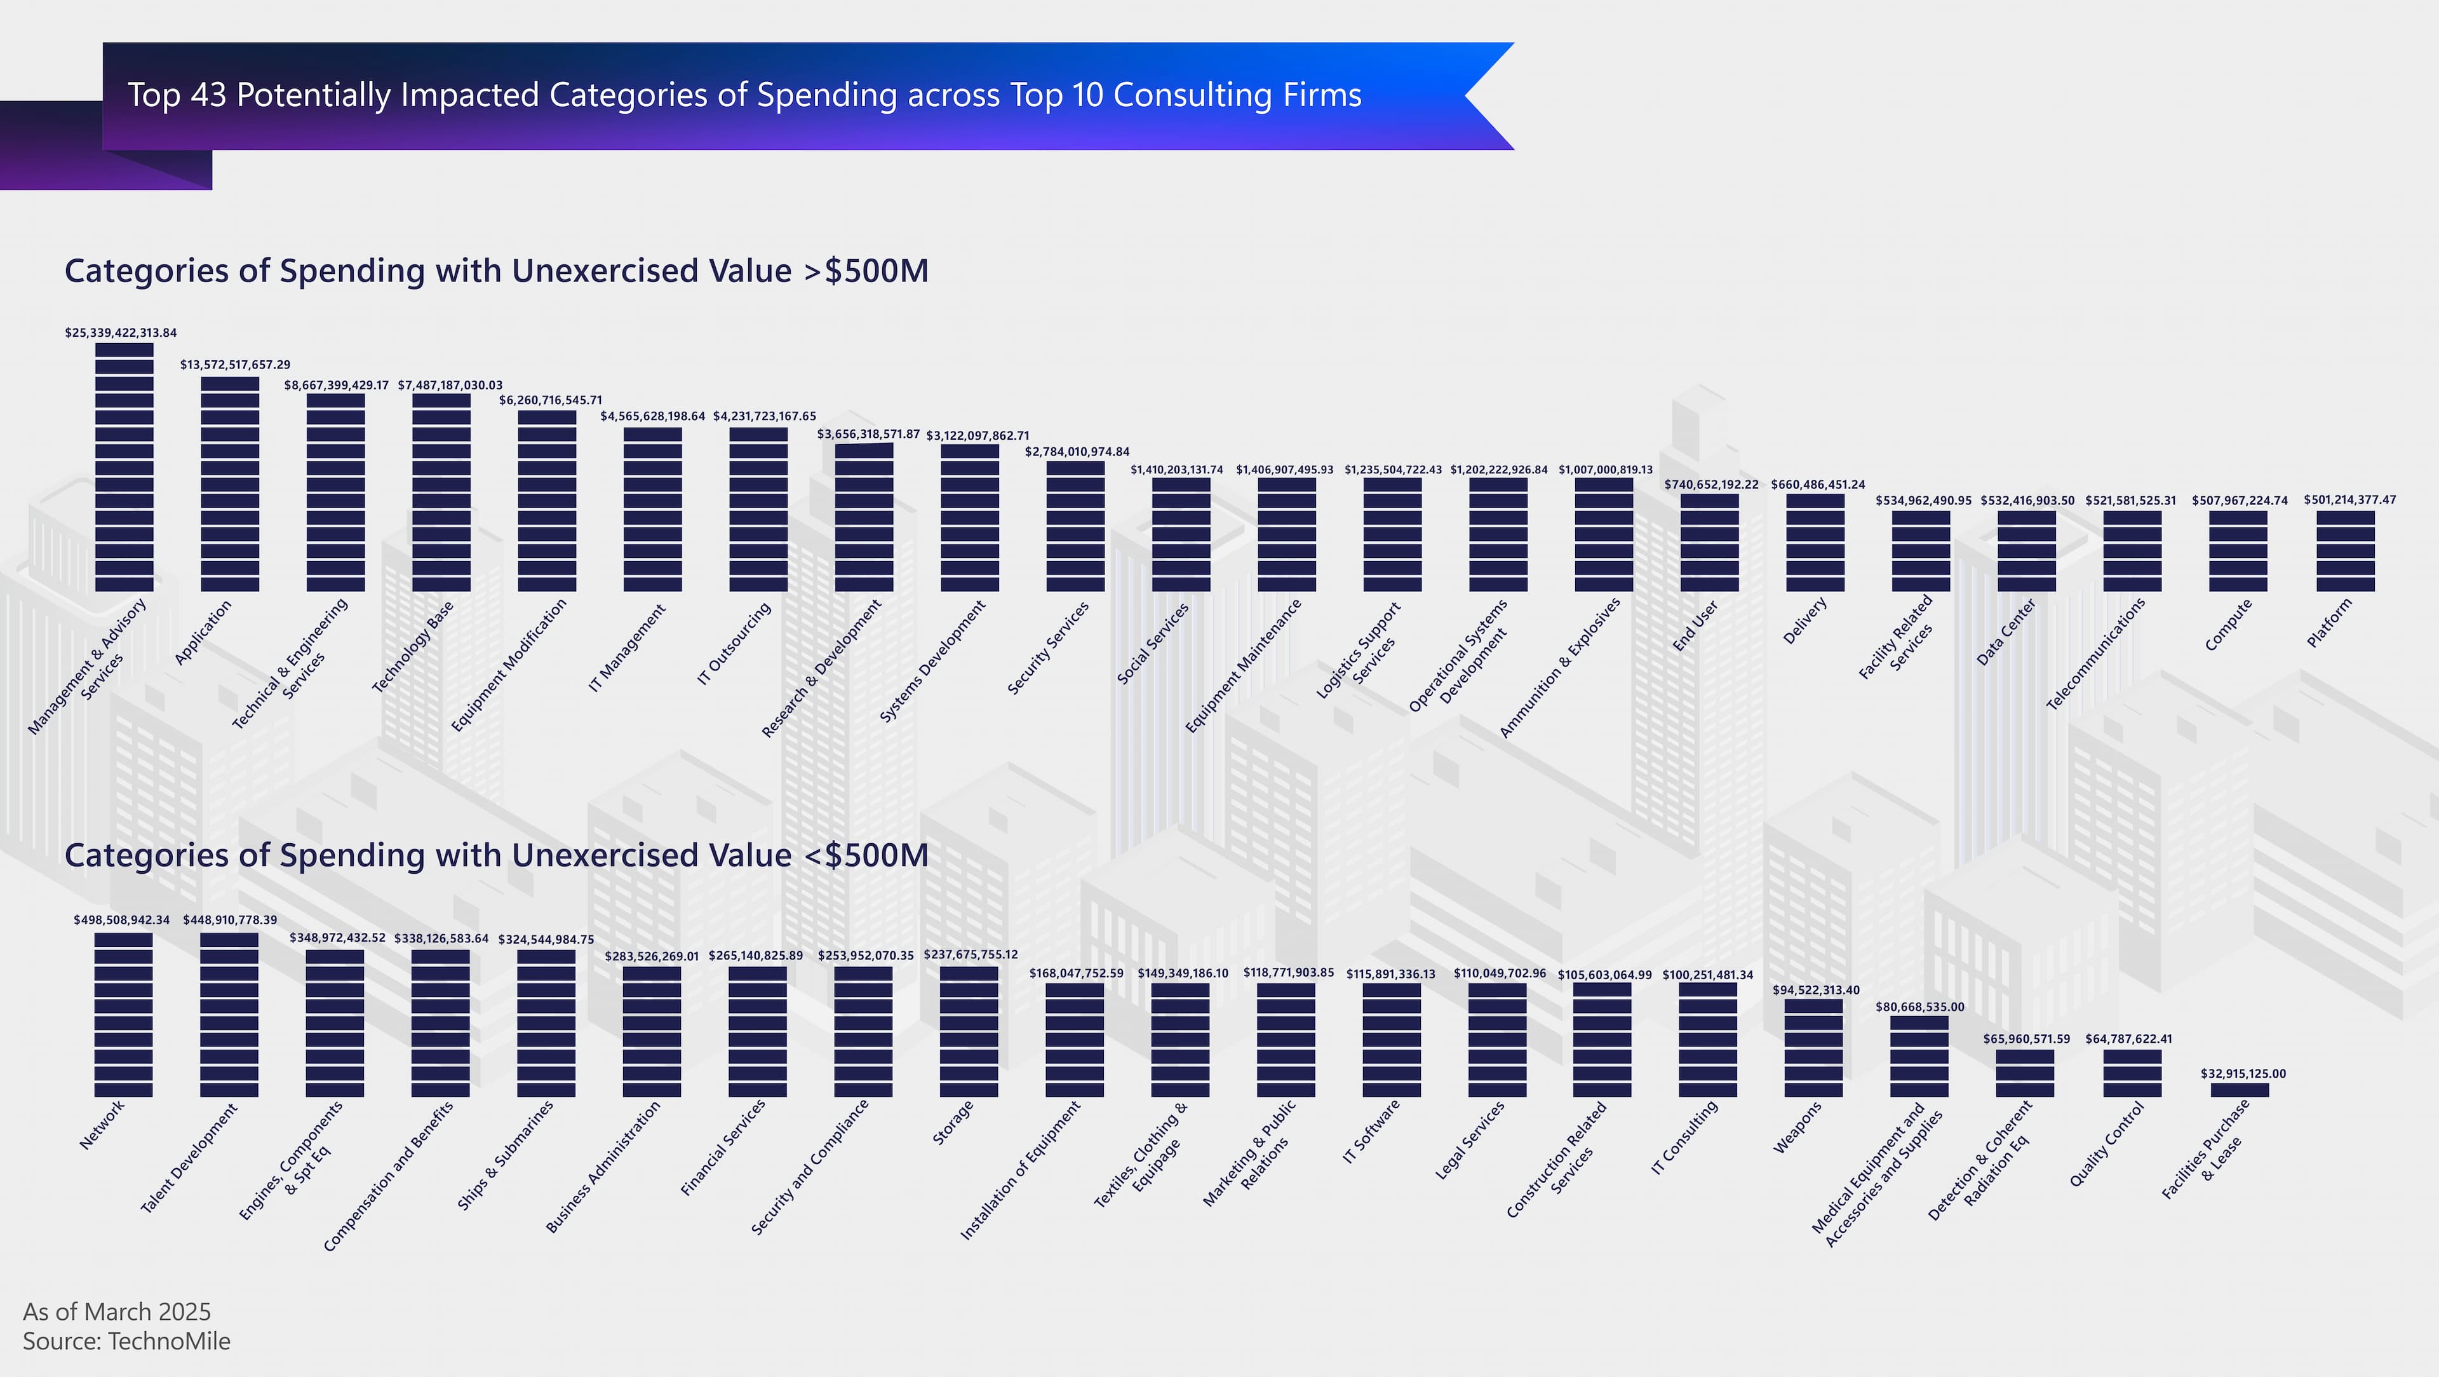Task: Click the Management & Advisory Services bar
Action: click(x=124, y=467)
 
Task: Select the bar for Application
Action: click(x=230, y=484)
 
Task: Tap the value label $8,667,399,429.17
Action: click(x=336, y=386)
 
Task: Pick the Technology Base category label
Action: click(x=413, y=647)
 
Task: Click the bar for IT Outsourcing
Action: click(x=758, y=510)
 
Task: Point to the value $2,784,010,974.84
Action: click(x=1077, y=452)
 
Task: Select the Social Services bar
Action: click(x=1181, y=534)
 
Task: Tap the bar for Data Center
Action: click(x=2026, y=550)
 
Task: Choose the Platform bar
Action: click(x=2345, y=550)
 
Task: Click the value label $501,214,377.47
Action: click(x=2349, y=500)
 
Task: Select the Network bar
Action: click(x=123, y=1014)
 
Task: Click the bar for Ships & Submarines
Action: click(x=546, y=1023)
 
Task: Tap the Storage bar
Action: click(x=969, y=1031)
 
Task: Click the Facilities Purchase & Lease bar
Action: click(x=2239, y=1090)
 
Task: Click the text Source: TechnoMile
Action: click(x=127, y=1341)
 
